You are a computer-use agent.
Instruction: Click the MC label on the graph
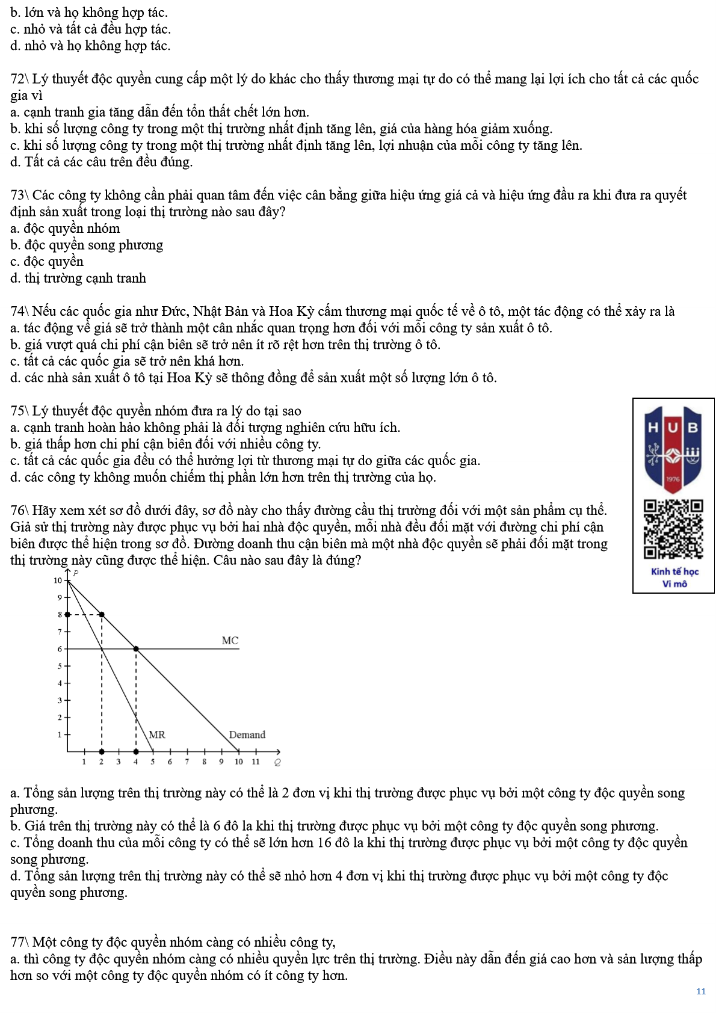(230, 641)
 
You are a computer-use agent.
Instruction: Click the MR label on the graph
(156, 734)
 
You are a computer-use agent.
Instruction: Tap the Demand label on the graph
(247, 734)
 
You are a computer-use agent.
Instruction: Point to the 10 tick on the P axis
(58, 580)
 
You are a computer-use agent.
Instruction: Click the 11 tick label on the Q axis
(256, 762)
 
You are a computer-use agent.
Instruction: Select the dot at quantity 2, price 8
(102, 615)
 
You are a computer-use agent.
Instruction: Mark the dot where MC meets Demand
(136, 649)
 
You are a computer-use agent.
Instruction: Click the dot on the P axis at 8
(67, 615)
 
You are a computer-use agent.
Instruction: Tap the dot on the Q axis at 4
(136, 751)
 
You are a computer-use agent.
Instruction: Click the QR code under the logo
(673, 529)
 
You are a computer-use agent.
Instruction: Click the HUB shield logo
(673, 448)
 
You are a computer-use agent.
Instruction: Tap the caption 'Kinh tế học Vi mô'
(674, 577)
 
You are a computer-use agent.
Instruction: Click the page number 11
(701, 991)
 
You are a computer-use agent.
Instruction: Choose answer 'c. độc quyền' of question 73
(47, 262)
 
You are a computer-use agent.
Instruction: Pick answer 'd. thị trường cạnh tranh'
(78, 279)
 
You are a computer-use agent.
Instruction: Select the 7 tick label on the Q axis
(187, 762)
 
